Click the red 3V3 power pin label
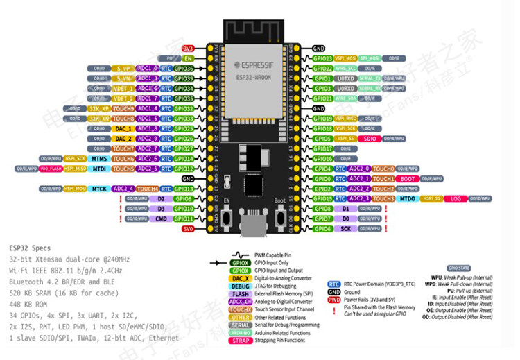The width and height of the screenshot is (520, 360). (x=187, y=49)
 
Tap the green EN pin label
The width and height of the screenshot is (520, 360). (x=187, y=58)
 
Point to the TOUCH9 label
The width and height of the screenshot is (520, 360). (x=123, y=108)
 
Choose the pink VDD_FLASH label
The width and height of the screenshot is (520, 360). (x=51, y=169)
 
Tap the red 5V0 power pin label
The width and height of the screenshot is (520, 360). (x=187, y=228)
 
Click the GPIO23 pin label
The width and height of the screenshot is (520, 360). (x=322, y=59)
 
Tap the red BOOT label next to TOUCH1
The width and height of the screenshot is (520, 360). (x=408, y=178)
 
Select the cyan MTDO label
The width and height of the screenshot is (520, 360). (x=407, y=198)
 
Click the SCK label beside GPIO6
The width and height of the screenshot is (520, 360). (x=345, y=228)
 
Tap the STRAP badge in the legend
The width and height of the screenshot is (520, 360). (x=240, y=340)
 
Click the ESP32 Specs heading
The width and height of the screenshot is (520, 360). (x=31, y=248)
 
